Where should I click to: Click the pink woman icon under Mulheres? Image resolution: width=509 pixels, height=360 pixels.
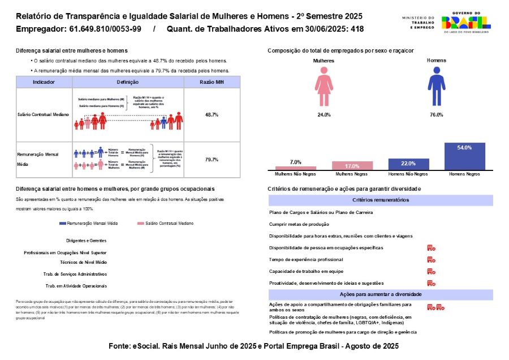click(x=323, y=87)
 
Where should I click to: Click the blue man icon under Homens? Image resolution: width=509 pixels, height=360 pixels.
click(x=436, y=87)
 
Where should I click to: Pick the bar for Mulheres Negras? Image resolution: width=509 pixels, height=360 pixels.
click(x=352, y=166)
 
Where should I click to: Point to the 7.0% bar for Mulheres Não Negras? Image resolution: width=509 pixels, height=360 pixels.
click(x=295, y=168)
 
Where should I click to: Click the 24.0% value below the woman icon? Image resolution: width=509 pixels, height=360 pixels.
click(x=324, y=115)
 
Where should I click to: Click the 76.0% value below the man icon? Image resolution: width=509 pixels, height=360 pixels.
click(x=436, y=115)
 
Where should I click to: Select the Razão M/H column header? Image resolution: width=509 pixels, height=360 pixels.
click(x=212, y=82)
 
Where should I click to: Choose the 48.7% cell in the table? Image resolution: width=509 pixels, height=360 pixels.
click(x=212, y=114)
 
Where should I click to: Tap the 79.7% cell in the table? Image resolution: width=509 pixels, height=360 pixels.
click(x=212, y=160)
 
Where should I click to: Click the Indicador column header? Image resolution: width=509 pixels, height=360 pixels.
click(x=44, y=82)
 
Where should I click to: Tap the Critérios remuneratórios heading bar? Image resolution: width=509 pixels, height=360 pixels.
click(x=381, y=200)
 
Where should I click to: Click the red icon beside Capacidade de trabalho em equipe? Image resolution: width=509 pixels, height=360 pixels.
click(x=431, y=271)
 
